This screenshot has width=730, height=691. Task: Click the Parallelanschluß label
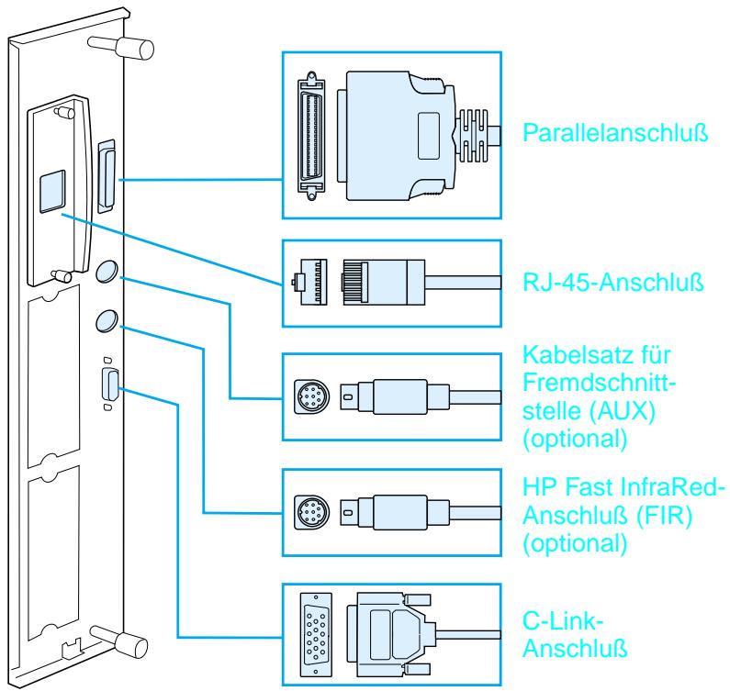(607, 134)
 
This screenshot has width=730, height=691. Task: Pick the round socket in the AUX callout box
(311, 396)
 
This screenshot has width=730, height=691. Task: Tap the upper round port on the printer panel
(107, 273)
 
